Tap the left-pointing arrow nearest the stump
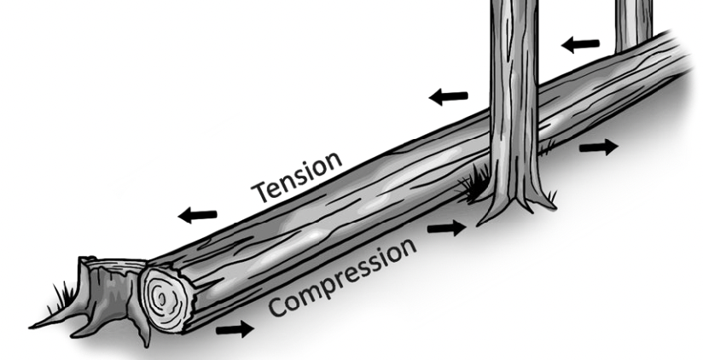click(x=197, y=216)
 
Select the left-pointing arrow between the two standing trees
click(x=580, y=43)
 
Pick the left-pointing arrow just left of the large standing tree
click(x=448, y=96)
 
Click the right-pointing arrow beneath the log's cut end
click(x=235, y=328)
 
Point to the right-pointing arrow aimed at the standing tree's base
click(x=447, y=227)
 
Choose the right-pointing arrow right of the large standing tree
click(x=598, y=147)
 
